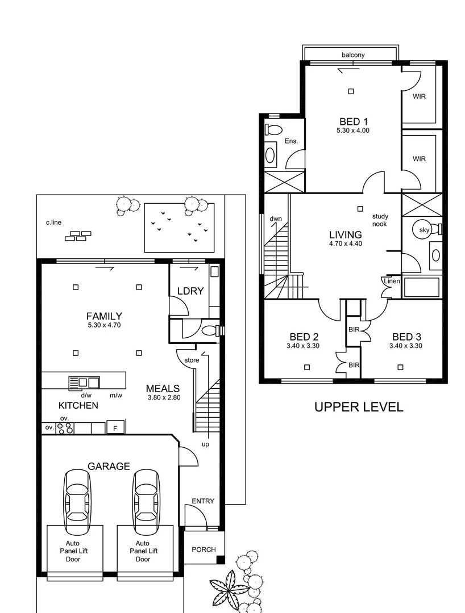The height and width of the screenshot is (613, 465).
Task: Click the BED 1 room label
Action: (354, 121)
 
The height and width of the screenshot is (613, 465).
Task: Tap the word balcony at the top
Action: (353, 55)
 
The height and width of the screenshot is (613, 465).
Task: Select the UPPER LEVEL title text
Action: (359, 406)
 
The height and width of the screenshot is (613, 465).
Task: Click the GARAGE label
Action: (109, 466)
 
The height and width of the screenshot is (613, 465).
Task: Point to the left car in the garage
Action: (77, 497)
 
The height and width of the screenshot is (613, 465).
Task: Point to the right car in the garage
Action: (146, 497)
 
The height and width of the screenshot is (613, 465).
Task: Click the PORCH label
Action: (203, 549)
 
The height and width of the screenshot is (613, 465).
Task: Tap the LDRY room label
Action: (190, 291)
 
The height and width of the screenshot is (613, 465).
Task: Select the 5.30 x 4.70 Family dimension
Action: (104, 325)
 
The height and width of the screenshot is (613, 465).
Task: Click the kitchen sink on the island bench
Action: (84, 383)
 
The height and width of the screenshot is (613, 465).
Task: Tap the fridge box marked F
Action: (115, 428)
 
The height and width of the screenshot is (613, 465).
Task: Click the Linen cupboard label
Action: (392, 282)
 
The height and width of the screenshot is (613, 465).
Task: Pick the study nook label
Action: (380, 220)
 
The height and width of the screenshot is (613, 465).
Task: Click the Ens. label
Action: (291, 141)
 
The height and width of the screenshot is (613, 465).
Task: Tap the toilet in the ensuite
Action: (273, 129)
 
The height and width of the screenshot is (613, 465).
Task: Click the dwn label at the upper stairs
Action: (276, 219)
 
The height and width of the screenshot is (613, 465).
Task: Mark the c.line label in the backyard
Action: (54, 222)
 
